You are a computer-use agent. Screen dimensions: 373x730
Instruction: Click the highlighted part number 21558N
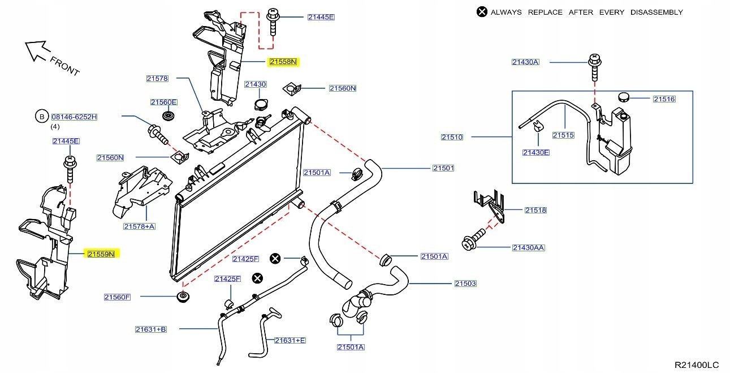pos(283,62)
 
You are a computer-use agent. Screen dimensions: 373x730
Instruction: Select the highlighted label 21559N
pos(101,254)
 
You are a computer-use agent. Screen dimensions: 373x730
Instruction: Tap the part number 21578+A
pos(139,226)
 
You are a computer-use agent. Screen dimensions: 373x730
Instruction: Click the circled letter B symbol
pos(42,117)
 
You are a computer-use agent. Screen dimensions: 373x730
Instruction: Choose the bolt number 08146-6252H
pos(75,117)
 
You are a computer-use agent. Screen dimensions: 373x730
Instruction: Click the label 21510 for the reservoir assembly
pos(452,137)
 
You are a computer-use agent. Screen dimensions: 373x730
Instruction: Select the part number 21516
pos(664,99)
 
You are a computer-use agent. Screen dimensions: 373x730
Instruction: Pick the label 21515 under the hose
pos(563,135)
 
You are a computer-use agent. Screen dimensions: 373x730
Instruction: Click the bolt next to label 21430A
pos(594,68)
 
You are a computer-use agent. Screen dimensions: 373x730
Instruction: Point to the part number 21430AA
pos(529,247)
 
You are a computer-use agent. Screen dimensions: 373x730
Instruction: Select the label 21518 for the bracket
pos(535,210)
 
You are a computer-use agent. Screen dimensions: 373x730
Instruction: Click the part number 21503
pos(465,283)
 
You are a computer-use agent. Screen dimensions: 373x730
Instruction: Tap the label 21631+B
pos(151,329)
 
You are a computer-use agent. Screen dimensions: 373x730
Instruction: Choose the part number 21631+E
pos(290,340)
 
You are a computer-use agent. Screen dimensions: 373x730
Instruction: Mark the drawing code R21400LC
pos(696,365)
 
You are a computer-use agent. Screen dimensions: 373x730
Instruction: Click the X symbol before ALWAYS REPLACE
pos(482,12)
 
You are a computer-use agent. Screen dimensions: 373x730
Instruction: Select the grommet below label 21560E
pos(167,116)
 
